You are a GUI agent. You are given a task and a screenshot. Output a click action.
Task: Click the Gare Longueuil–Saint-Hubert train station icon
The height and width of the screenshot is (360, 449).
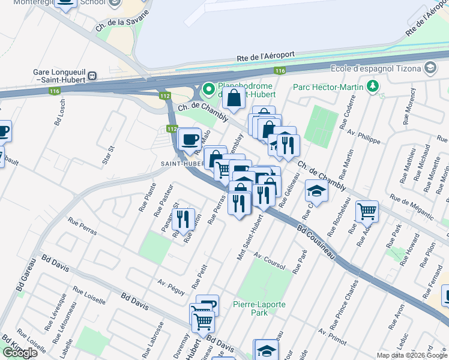92,76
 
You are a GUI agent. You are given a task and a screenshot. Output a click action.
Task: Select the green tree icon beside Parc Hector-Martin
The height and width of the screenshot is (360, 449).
373,87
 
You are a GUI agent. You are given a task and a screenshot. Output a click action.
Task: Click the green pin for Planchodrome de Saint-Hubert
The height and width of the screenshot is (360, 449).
209,89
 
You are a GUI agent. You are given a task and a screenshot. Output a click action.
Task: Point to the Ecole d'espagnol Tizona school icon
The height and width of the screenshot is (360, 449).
430,68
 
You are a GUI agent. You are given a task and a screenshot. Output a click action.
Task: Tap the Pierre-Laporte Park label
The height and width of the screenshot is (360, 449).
259,308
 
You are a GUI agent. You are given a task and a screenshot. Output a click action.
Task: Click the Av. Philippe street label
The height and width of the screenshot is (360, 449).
368,136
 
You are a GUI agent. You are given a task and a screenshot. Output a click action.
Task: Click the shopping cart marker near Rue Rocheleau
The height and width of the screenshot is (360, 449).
367,211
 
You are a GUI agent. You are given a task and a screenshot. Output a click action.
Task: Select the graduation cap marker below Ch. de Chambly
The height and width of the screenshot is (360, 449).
316,191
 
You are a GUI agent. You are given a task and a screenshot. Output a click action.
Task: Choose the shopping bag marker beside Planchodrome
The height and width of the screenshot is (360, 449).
234,97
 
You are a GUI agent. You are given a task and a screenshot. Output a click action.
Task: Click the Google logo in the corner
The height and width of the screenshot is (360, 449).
20,353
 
